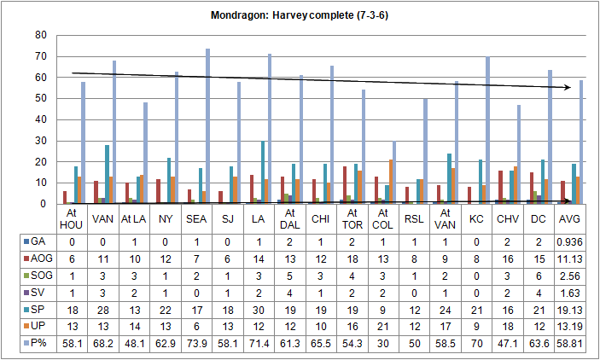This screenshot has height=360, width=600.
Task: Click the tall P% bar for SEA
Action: pos(207,128)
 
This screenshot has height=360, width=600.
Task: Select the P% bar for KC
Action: pos(487,132)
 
